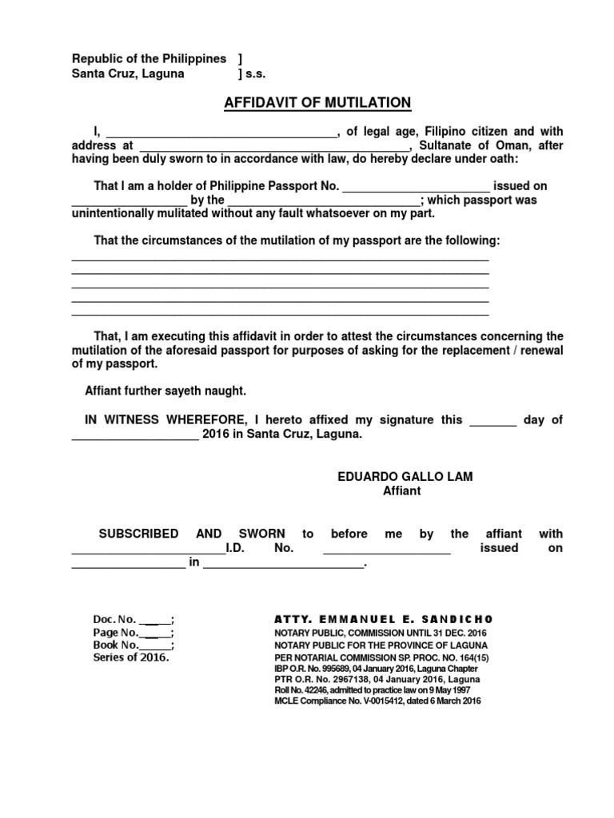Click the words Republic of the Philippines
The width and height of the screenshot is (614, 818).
150,59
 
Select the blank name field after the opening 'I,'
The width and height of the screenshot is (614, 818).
221,132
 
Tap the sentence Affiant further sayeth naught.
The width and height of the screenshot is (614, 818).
165,391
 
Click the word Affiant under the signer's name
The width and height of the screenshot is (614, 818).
401,491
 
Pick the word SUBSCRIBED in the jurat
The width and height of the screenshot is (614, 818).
138,534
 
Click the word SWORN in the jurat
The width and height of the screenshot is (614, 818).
259,534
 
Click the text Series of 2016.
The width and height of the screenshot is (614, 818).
131,657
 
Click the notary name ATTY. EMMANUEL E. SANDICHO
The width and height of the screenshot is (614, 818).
383,619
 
